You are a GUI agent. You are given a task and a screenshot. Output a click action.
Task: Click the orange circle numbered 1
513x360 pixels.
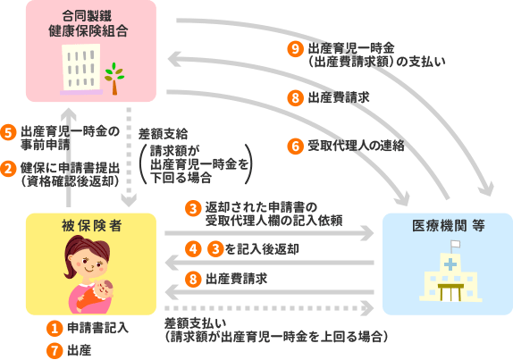point(55,328)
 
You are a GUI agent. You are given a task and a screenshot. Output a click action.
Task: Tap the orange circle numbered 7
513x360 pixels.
point(55,351)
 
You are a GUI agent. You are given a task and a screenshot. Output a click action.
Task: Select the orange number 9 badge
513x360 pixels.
point(295,49)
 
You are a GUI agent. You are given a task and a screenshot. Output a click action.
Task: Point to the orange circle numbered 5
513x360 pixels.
point(8,133)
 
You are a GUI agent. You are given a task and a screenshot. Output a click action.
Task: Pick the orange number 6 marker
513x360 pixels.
point(295,146)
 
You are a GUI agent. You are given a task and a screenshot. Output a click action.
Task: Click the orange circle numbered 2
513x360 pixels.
point(8,169)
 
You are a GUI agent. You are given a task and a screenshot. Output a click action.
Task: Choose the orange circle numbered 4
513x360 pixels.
point(193,249)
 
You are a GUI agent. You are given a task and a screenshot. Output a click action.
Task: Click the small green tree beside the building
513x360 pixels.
point(114,79)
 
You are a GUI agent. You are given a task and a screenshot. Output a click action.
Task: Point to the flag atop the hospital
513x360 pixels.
point(455,244)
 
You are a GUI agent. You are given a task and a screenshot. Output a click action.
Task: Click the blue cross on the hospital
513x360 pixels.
point(450,264)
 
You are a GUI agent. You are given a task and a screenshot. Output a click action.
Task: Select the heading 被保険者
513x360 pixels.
point(91,226)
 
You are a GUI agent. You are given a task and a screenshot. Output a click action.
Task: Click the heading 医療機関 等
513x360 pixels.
point(449,226)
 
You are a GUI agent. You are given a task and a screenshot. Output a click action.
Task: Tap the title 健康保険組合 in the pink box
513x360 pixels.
point(88,31)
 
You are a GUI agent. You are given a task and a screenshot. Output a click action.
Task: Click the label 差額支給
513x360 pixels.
point(163,134)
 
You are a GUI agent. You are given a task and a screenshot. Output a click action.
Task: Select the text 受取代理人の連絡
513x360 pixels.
point(356,146)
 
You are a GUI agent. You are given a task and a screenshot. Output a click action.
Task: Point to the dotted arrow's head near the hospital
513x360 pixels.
point(369,308)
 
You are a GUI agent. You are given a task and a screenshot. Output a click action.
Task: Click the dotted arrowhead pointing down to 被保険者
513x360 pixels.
point(129,199)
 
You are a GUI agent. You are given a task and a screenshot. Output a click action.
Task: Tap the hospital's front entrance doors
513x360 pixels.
point(450,293)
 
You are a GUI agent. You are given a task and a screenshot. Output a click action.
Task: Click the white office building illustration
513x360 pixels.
point(80,70)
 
